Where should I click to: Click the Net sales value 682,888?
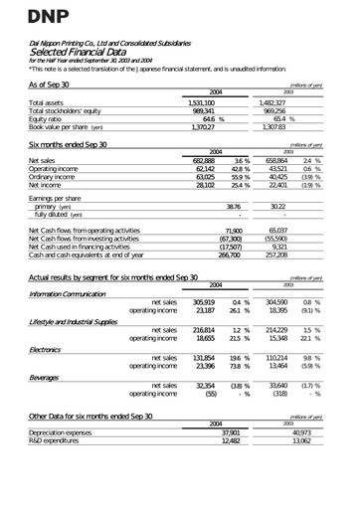pos(202,160)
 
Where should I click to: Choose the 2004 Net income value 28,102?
pos(203,185)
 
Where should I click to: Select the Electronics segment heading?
pos(50,349)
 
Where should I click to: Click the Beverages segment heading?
pos(47,375)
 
